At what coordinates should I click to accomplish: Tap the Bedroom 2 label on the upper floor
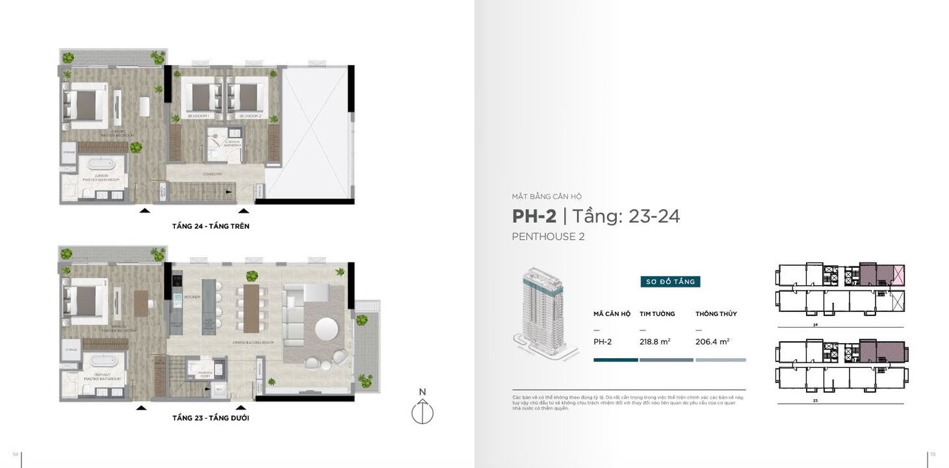pos(250,116)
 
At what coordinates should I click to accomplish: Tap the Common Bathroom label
pos(232,144)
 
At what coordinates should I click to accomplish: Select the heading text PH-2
pos(534,216)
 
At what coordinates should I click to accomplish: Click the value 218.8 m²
pos(655,341)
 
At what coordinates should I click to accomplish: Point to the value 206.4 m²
pos(712,341)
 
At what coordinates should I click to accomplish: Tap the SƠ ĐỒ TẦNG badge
pos(669,281)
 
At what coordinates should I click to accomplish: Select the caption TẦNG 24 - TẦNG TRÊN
pos(211,226)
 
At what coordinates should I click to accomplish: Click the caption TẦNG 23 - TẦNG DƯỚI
pos(211,418)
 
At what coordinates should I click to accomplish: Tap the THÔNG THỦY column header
pos(716,314)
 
